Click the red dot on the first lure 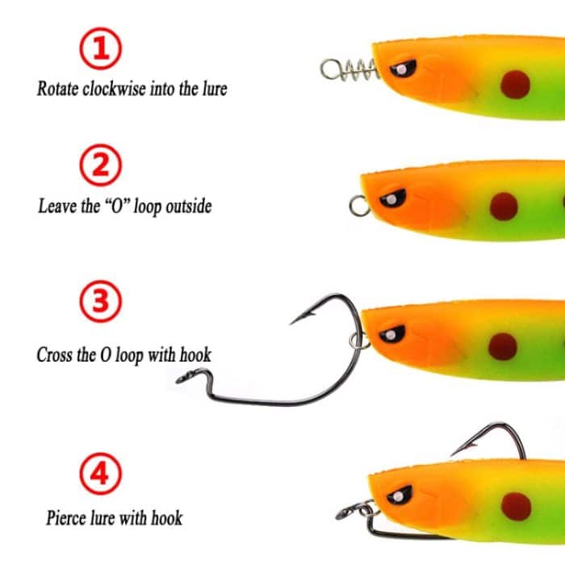click(x=514, y=82)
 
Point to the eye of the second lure click(x=391, y=199)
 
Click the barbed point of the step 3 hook click(x=296, y=320)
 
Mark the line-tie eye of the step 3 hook click(x=186, y=375)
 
